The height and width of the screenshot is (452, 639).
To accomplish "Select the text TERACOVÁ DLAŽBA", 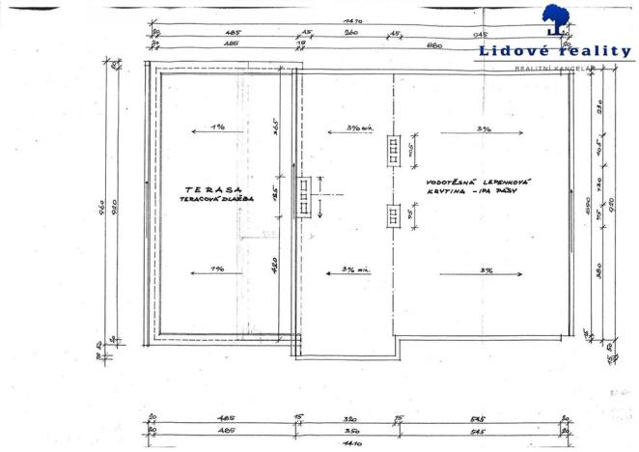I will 214,200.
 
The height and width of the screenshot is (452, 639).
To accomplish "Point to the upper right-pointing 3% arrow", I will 480,128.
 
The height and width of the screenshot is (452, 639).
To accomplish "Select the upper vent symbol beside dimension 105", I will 393,152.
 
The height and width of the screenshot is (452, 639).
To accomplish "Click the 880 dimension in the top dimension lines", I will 435,43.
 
